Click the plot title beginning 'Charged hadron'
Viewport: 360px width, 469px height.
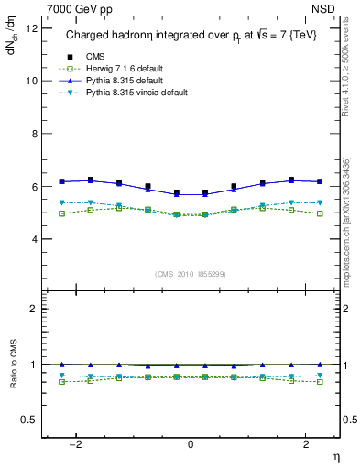point(191,36)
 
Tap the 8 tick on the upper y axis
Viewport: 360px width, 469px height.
point(35,134)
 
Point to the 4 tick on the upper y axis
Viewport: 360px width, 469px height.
point(35,239)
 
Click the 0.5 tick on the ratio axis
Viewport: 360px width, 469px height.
point(29,420)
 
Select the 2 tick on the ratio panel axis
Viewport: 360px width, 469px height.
point(35,309)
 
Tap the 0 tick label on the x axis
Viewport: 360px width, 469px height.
point(191,442)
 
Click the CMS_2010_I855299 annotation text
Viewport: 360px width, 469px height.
point(190,274)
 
